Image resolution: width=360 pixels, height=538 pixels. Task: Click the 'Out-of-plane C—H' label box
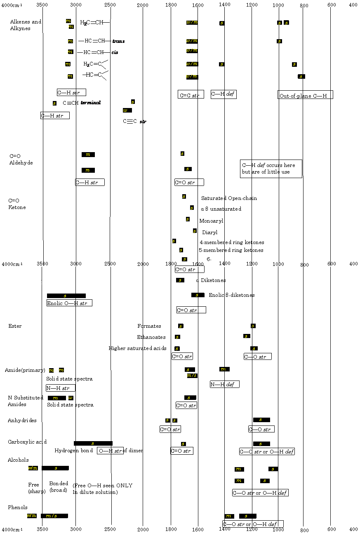[x=305, y=95]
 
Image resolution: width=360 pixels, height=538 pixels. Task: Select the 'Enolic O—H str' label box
[x=69, y=303]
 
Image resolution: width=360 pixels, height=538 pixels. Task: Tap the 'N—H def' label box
[x=225, y=384]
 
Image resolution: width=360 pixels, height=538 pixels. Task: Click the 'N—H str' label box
[x=61, y=388]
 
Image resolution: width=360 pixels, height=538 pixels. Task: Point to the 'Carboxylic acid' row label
[x=27, y=442]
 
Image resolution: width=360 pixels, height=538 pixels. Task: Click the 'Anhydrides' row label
[x=22, y=421]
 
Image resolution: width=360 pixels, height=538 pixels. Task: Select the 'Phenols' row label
[x=18, y=507]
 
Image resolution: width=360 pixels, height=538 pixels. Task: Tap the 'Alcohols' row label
[x=18, y=460]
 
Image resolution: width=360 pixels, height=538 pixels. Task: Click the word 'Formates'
[x=149, y=326]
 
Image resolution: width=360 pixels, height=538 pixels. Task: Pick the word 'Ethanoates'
[x=151, y=337]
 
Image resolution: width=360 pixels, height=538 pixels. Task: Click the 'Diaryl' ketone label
[x=209, y=233]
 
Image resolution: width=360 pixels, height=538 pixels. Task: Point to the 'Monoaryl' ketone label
[x=211, y=221]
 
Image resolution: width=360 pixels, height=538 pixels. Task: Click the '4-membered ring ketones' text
[x=232, y=242]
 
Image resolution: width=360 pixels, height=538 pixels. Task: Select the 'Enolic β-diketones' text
[x=231, y=295]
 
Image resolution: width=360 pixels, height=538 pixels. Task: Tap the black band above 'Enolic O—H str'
[x=66, y=296]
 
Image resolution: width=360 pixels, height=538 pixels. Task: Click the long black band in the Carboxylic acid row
[x=93, y=443]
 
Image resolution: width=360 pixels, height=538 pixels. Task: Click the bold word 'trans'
[x=118, y=41]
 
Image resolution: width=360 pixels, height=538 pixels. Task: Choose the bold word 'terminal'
[x=90, y=103]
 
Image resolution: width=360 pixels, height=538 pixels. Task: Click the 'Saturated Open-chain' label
[x=229, y=198]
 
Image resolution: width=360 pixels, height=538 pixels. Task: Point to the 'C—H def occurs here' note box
[x=271, y=169]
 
